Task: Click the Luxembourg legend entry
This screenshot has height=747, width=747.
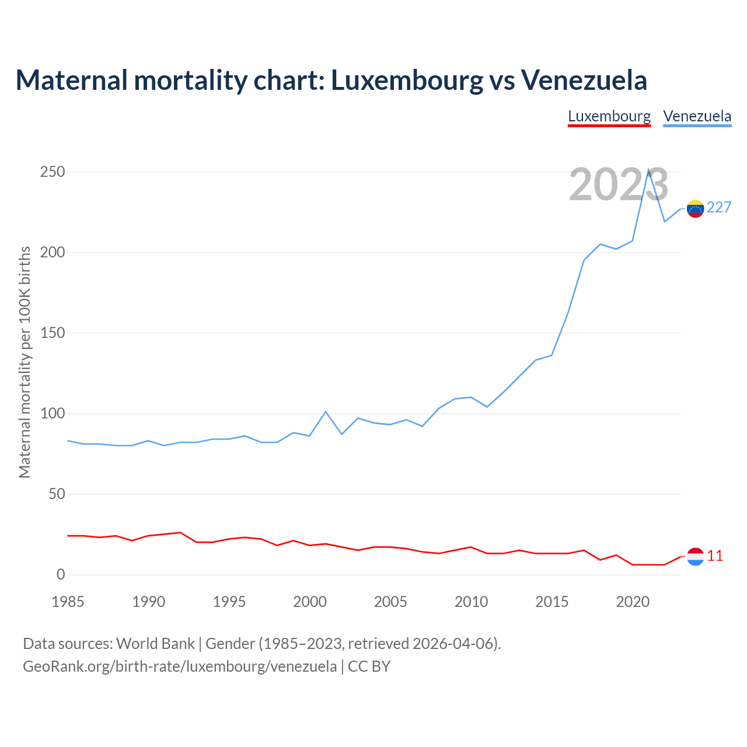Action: (x=609, y=116)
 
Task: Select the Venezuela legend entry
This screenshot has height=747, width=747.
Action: (x=697, y=116)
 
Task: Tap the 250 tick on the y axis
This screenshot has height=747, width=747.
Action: (x=53, y=172)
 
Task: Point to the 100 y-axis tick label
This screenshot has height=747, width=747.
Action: (x=53, y=414)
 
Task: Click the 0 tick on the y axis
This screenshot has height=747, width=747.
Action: (x=61, y=575)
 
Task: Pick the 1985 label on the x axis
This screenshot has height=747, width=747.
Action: (x=68, y=602)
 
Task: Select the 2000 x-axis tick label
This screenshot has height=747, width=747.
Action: (x=310, y=602)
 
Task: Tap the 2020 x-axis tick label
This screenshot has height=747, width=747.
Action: (x=633, y=602)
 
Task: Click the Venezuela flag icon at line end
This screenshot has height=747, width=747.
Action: (x=695, y=208)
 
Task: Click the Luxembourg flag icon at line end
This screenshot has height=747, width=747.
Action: (x=695, y=557)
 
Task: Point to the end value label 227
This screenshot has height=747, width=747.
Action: (x=719, y=208)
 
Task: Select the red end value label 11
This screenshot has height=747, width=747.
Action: (x=715, y=556)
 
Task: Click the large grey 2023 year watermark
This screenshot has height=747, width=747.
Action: (x=619, y=185)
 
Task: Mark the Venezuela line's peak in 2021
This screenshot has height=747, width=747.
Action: (x=648, y=170)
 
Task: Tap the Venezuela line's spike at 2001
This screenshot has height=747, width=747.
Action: (x=326, y=411)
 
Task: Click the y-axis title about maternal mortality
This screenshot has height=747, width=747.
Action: (x=25, y=362)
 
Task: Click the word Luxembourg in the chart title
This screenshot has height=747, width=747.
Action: (x=407, y=80)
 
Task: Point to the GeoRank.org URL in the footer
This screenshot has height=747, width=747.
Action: (x=180, y=666)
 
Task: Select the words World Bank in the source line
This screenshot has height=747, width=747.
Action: (x=155, y=644)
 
